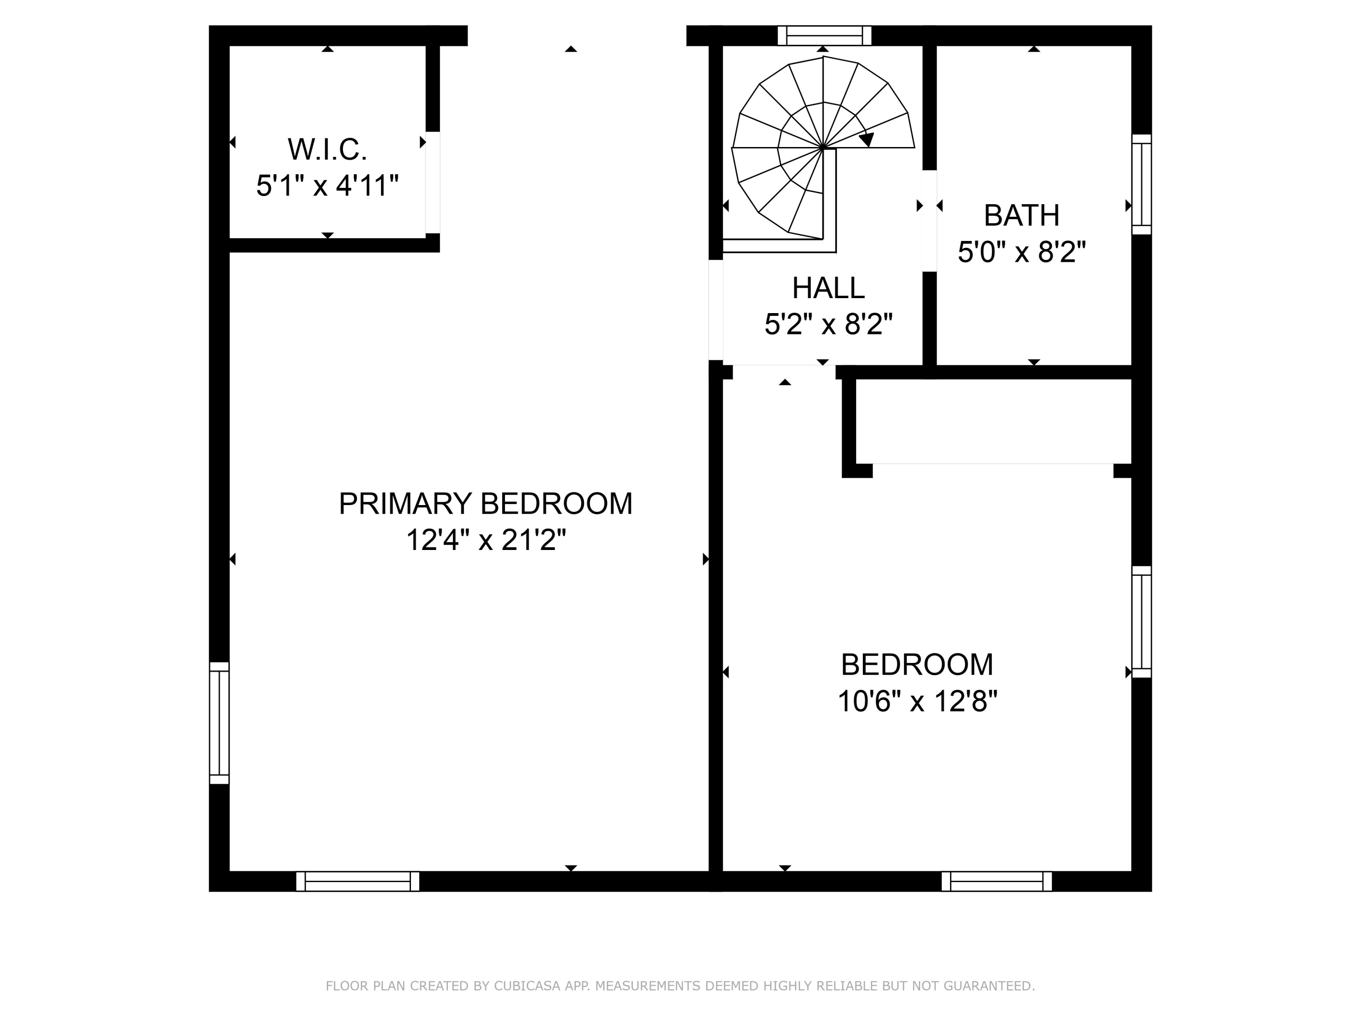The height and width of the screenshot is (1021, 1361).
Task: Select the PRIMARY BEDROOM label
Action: point(485,503)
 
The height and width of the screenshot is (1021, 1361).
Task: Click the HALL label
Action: point(827,287)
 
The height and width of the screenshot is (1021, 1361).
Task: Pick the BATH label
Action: point(1021,216)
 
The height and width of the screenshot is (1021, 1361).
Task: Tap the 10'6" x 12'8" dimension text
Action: point(917,700)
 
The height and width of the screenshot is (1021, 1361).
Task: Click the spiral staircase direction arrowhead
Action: point(867,140)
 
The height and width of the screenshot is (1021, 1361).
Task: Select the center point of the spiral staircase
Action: point(822,147)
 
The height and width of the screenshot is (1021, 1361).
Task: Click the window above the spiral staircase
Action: point(824,36)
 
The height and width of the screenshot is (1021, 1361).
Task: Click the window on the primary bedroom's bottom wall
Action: point(357,881)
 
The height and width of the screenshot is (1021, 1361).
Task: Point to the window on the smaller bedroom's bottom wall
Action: point(996,881)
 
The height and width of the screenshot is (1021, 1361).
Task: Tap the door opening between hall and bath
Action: point(929,221)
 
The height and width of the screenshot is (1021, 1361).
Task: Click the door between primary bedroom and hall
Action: point(715,309)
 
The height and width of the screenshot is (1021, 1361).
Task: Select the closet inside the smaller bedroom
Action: point(993,421)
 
